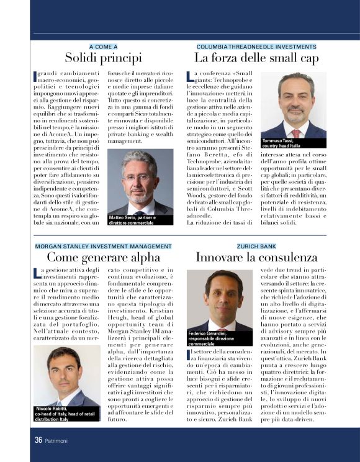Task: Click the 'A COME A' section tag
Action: click(104, 47)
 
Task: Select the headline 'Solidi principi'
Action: click(104, 58)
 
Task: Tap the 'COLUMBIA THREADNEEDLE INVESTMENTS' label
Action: click(256, 47)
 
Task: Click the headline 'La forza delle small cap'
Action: click(256, 58)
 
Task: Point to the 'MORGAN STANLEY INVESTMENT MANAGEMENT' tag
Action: click(103, 246)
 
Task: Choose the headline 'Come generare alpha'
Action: click(103, 257)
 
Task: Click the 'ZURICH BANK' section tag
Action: click(256, 246)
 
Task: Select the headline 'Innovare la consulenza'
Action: click(256, 257)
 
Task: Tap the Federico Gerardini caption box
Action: click(219, 338)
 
